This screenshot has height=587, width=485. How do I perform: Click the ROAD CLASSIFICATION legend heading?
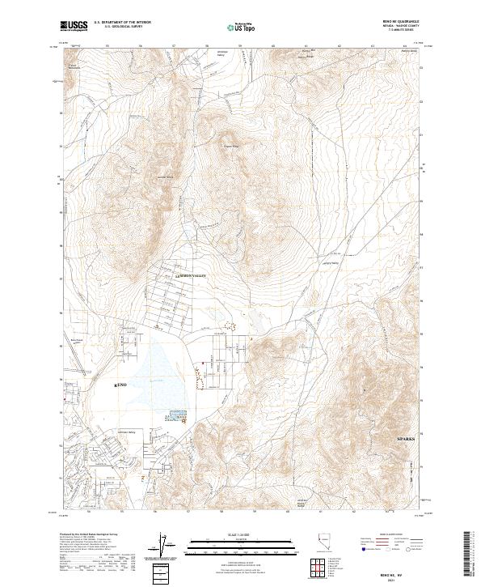pos(389,535)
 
